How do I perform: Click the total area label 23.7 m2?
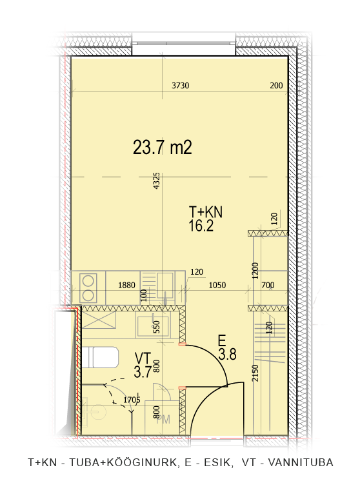(163, 148)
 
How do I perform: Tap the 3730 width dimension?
(181, 85)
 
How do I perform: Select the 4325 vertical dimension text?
(157, 181)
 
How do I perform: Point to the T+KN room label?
(206, 212)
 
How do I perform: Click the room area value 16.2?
(201, 225)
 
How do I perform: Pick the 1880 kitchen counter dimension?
(126, 285)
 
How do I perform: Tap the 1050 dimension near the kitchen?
(217, 285)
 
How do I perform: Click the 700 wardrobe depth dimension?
(268, 285)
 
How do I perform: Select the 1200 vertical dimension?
(255, 271)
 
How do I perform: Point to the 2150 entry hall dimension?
(255, 373)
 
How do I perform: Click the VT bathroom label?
(143, 358)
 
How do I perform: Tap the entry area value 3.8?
(227, 355)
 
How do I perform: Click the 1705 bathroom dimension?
(132, 400)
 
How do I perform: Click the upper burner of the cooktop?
(88, 280)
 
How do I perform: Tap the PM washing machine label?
(163, 419)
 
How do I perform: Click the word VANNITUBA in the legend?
(301, 462)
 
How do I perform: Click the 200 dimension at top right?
(276, 85)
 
